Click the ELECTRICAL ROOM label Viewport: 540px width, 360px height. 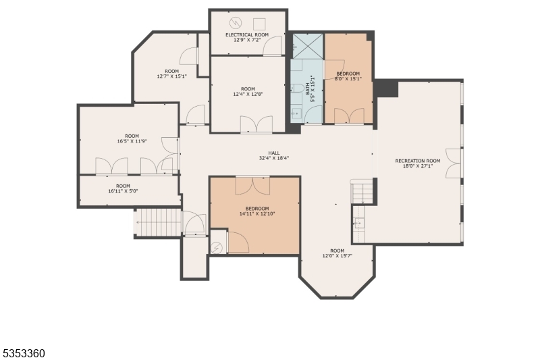[x=248, y=34]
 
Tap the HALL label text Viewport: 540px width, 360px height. [x=274, y=153]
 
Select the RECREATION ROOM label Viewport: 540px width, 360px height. [x=418, y=161]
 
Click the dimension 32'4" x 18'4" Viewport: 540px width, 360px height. [x=274, y=159]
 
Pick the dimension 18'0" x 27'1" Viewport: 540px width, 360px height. [x=418, y=166]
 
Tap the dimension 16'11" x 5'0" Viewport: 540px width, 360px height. [x=123, y=191]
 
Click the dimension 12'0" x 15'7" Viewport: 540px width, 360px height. [x=337, y=256]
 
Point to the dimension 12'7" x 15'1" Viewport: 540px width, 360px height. [x=171, y=76]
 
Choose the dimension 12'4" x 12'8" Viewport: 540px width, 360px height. [x=248, y=95]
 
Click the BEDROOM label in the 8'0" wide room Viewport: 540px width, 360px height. [x=348, y=74]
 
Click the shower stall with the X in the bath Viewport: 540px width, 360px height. [x=307, y=45]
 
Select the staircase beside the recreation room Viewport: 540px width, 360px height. [x=362, y=192]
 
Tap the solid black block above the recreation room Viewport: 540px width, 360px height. [x=387, y=88]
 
